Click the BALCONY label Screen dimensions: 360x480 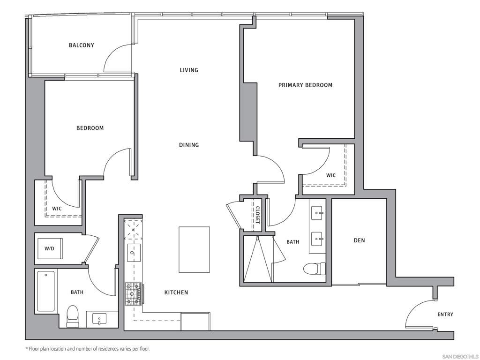pos(82,45)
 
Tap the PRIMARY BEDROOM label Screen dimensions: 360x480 pos(305,85)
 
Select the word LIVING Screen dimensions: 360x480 pos(189,70)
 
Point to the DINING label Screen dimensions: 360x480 pos(189,145)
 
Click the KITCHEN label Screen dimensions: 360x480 pos(176,292)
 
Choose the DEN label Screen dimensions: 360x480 pos(359,240)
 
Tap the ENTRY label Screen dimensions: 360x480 pos(445,315)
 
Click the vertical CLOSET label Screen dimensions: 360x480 pos(257,215)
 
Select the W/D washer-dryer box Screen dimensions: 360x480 pos(50,248)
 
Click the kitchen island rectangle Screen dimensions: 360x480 pos(194,249)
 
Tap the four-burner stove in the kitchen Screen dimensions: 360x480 pos(133,293)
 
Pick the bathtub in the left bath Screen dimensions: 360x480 pos(46,291)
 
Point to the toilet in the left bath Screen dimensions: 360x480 pos(73,316)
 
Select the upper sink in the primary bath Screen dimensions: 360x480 pos(318,214)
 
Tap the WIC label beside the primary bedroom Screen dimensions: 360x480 pos(331,176)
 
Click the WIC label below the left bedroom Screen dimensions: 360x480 pos(57,209)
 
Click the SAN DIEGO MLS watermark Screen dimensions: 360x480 pos(460,356)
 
